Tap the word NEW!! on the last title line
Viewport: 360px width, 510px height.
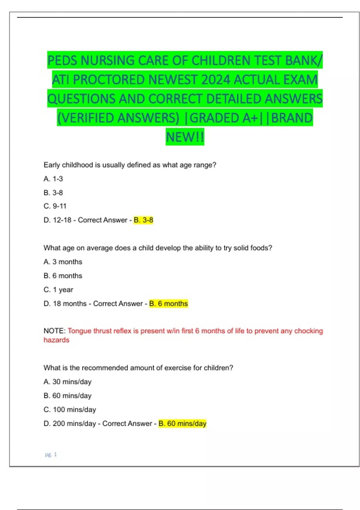185,137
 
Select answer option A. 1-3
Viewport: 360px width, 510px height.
53,179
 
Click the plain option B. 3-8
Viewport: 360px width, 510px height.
53,193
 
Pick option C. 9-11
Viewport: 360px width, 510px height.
55,206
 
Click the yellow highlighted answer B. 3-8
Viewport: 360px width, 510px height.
143,220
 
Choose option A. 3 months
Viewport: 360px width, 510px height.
63,262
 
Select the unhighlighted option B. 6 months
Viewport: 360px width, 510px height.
63,276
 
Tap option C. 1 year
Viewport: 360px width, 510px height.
58,290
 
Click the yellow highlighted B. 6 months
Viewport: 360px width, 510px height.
168,304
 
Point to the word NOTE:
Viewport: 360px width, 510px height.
54,331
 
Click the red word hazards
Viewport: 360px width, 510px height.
56,340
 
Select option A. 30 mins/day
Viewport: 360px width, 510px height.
67,382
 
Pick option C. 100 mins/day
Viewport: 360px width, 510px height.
70,410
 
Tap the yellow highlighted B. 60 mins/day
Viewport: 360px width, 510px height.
182,424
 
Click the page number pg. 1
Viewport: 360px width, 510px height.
51,454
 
